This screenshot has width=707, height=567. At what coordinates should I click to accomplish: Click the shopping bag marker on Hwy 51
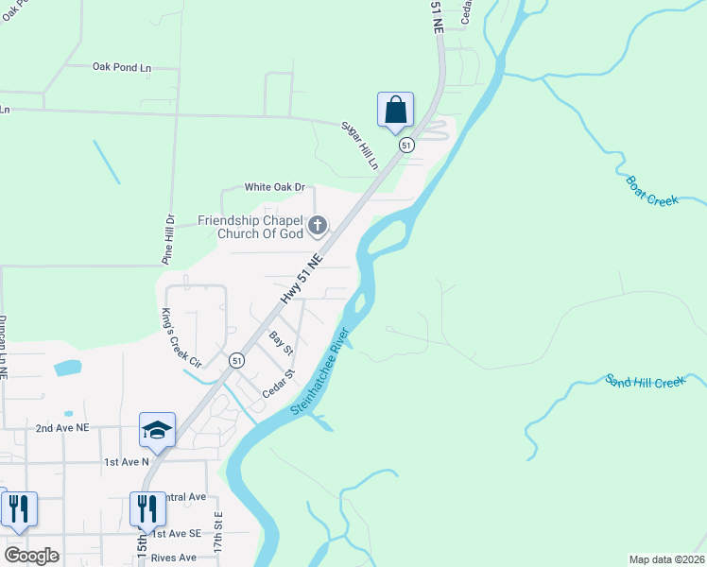(395, 110)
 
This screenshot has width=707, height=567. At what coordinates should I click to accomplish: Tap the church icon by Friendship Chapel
(318, 225)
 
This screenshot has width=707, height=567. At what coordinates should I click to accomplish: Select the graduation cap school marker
(157, 431)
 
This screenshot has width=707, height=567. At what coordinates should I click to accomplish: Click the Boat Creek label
(652, 195)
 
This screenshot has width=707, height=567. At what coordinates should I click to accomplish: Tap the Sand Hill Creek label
(645, 382)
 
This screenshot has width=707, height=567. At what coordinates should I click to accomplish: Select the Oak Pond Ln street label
(122, 67)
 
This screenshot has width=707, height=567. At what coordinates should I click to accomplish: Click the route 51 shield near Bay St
(236, 360)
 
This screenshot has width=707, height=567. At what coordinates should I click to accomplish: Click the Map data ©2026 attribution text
(666, 559)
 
